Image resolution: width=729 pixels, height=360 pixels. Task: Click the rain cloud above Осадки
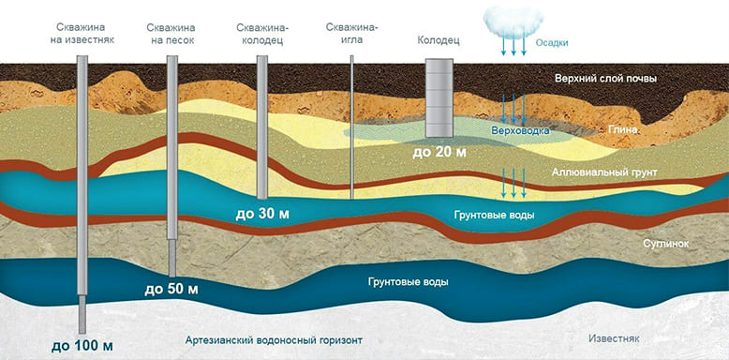(513, 20)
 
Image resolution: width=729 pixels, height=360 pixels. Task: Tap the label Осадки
(552, 43)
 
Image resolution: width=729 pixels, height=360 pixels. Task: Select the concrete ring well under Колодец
(439, 97)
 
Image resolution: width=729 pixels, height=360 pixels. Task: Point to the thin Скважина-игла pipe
(352, 127)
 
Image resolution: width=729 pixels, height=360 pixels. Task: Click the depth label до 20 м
(439, 151)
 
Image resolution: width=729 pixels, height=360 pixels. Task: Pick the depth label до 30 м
(262, 214)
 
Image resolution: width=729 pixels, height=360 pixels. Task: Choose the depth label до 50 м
(171, 290)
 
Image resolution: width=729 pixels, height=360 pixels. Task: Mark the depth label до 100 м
(82, 347)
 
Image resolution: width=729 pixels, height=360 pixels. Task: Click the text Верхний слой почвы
(605, 79)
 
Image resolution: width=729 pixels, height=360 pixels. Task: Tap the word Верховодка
(520, 130)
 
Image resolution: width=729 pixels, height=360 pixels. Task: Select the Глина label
(622, 130)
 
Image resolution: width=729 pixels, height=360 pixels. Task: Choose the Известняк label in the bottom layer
(614, 338)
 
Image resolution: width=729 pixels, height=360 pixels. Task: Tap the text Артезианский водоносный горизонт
(274, 340)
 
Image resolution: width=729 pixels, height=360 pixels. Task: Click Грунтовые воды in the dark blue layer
(409, 282)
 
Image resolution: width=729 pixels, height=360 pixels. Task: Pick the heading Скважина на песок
(171, 34)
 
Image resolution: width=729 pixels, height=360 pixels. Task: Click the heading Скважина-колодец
(262, 34)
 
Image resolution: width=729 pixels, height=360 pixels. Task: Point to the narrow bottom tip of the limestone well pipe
(82, 332)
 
